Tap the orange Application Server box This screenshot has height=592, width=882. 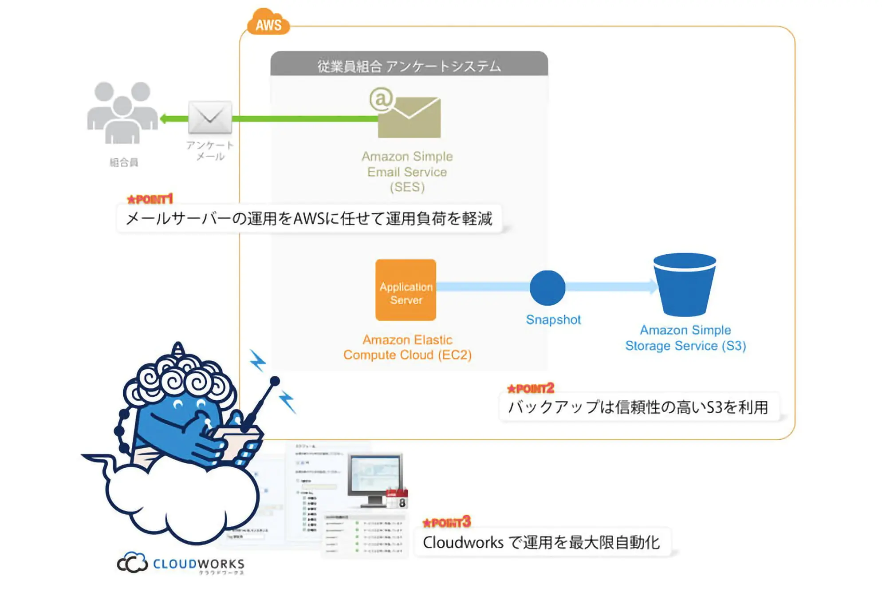coord(406,290)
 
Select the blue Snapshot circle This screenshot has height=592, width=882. coord(547,288)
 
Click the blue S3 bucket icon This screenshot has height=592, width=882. coord(685,284)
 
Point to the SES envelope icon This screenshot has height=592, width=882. coord(408,116)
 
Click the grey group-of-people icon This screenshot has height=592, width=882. coord(122,113)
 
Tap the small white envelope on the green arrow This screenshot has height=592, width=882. coord(210,118)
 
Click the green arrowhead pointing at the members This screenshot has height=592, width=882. coord(165,118)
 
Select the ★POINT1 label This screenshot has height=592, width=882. coord(150,199)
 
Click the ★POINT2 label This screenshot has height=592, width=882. coord(531,389)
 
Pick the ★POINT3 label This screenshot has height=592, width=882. coord(446,523)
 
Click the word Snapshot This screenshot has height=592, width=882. coord(553,320)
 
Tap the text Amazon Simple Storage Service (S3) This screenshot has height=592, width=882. coord(685,338)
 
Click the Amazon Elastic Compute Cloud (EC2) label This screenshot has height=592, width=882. coord(407,347)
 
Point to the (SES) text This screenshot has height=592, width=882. coord(407,187)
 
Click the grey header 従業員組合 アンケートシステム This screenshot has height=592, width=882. coord(409,66)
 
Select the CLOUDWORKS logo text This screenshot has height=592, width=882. coord(198,564)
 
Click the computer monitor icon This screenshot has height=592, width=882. coord(375,480)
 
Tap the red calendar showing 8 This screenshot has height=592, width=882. coord(397,499)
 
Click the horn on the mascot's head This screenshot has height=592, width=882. coord(178,348)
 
